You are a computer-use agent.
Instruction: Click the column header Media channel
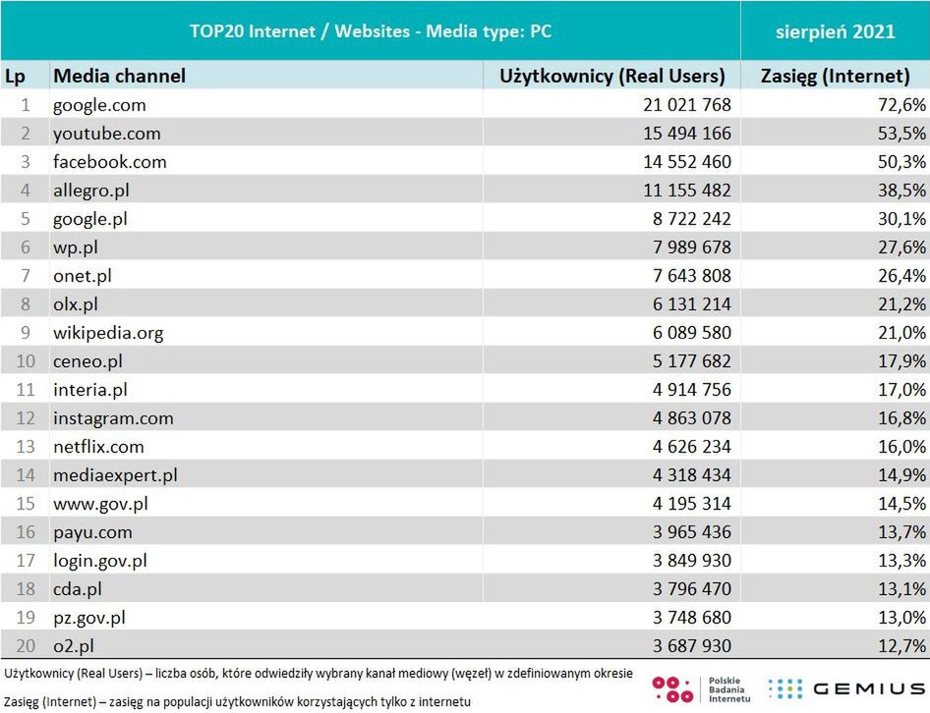(x=119, y=76)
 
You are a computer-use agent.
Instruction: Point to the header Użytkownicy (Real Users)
(x=612, y=76)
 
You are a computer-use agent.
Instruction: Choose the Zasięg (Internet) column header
(x=836, y=76)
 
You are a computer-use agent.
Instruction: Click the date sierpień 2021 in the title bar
(x=835, y=31)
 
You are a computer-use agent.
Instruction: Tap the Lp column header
(x=16, y=76)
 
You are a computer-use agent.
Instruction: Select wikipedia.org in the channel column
(x=108, y=332)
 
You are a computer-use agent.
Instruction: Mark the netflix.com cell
(x=98, y=446)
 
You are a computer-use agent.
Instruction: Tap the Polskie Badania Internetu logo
(x=703, y=689)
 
